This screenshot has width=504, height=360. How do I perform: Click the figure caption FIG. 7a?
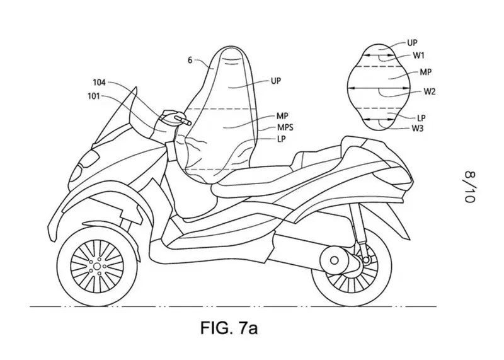pos(229,327)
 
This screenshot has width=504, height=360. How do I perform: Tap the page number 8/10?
pos(469,187)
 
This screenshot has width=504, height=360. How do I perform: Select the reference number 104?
pos(99,83)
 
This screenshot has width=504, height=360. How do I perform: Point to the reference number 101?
pos(93,96)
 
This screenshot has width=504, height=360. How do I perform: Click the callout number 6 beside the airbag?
pos(190,60)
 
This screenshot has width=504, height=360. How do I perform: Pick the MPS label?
pos(285,127)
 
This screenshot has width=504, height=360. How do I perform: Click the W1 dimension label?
pos(419,55)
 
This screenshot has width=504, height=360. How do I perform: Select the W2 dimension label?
pos(430,91)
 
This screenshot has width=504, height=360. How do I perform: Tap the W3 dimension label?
pos(418,129)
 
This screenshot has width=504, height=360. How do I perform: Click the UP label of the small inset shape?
pos(412,42)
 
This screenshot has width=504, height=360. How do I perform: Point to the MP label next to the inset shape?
pos(426,72)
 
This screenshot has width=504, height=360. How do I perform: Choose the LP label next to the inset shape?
pos(421,118)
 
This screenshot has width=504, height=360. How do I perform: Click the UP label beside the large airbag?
pos(276,81)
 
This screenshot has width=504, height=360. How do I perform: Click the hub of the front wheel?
pos(97,267)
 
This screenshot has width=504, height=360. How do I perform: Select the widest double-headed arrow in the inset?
pos(379,88)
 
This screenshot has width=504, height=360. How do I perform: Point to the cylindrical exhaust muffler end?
pos(335,260)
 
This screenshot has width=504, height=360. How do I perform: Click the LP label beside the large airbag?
pos(281,139)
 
